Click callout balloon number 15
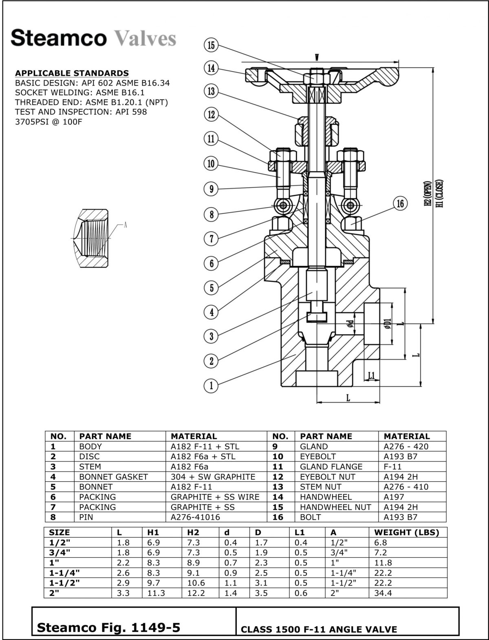tap(211, 45)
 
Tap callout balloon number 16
tap(400, 203)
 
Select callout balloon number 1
tap(211, 385)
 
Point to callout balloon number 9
tap(211, 189)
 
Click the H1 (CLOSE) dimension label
tap(439, 193)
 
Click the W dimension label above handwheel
tap(317, 57)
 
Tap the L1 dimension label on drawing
tap(371, 375)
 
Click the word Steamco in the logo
tap(59, 38)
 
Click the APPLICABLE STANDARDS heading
tap(72, 73)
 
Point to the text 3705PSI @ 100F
tap(48, 122)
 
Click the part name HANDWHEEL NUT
tap(335, 507)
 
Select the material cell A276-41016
tap(195, 517)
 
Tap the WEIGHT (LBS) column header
tap(406, 533)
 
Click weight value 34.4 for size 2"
tap(383, 593)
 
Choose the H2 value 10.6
tap(196, 583)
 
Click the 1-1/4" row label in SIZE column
tap(64, 573)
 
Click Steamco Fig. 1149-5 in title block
tap(108, 627)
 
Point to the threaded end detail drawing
tap(91, 238)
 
